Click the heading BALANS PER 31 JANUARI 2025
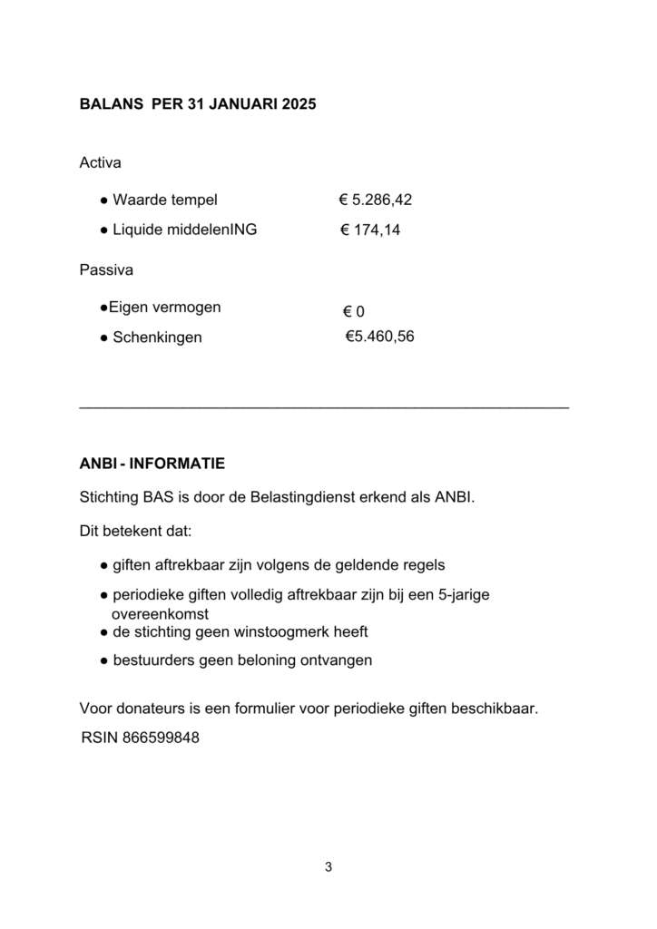[x=198, y=104]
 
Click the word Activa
[x=101, y=163]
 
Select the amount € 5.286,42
[x=376, y=200]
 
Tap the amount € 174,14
[x=370, y=230]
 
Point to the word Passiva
[x=106, y=269]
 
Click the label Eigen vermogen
[x=164, y=308]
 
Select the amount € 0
[x=353, y=312]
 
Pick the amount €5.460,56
[x=379, y=337]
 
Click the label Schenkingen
[x=157, y=337]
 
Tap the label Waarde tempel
[x=165, y=200]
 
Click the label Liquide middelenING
[x=184, y=230]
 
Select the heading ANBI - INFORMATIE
[x=152, y=464]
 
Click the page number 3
[x=328, y=866]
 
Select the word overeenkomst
[x=160, y=613]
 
